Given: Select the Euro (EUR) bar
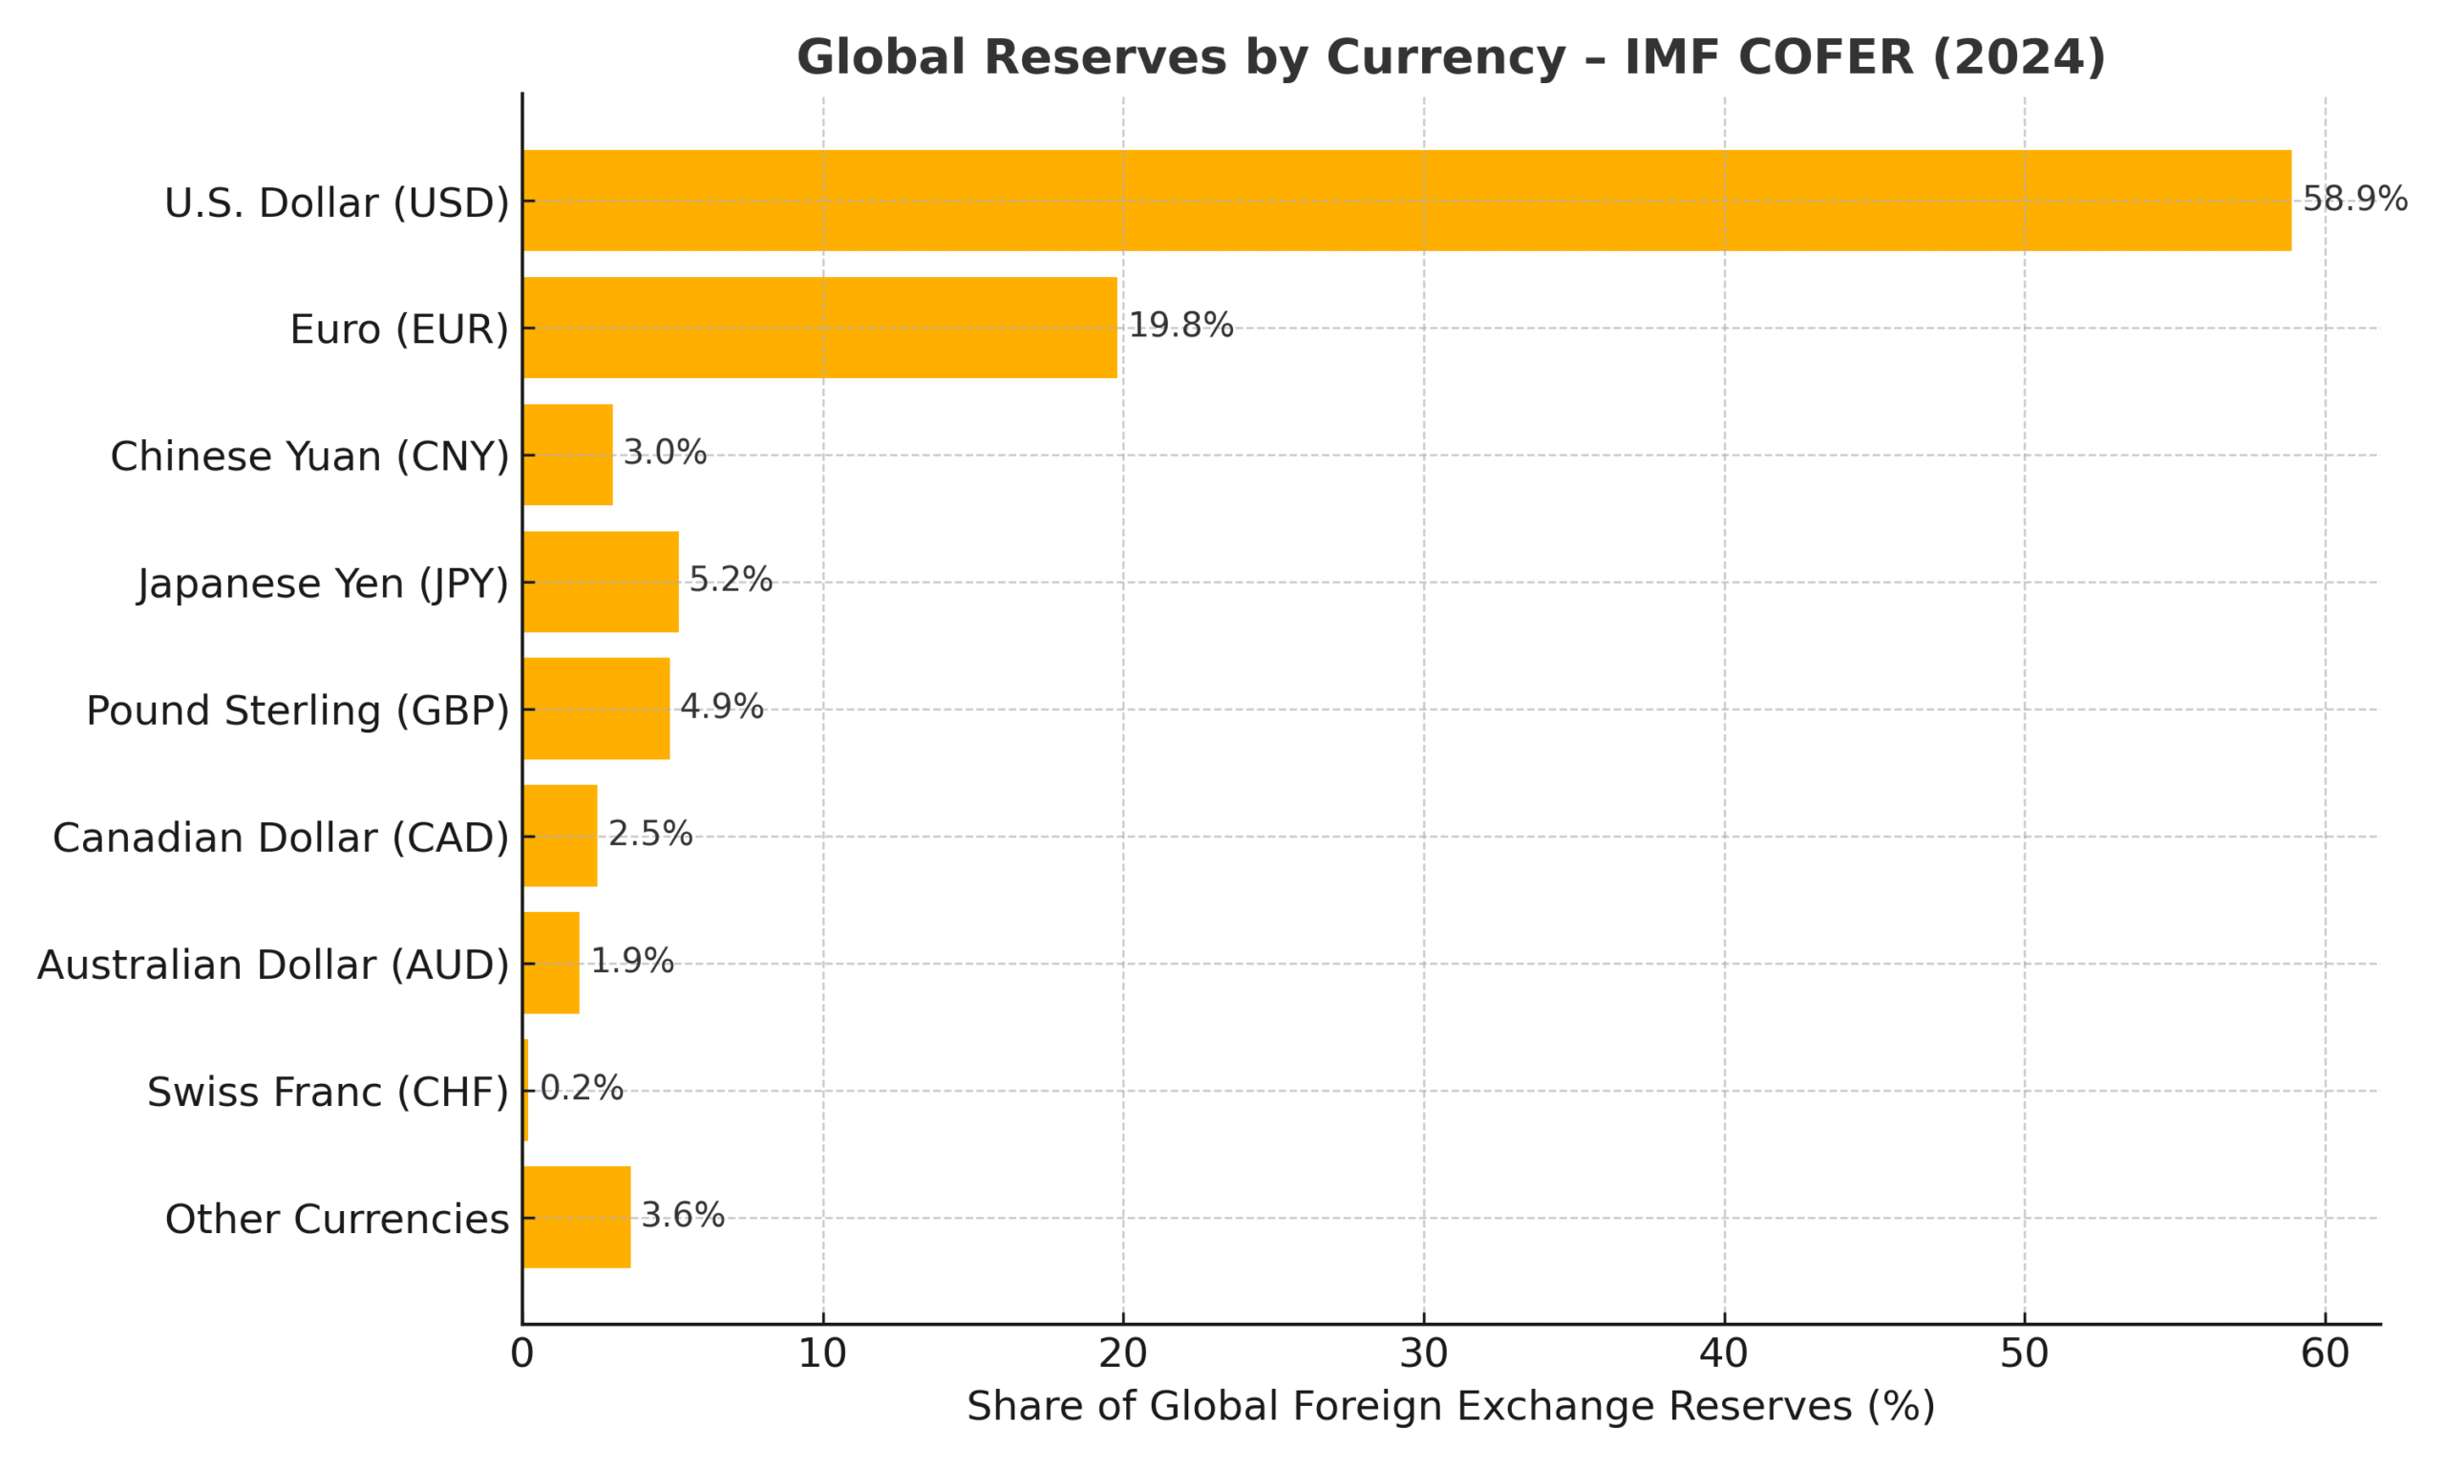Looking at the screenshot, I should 820,328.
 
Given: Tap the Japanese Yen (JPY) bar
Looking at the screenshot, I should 601,582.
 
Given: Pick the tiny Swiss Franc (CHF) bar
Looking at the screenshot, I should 525,1091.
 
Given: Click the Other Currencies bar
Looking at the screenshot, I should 577,1217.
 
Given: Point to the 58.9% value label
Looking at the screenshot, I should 2354,200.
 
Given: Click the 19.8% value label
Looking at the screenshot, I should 1180,327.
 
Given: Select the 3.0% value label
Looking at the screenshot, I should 664,454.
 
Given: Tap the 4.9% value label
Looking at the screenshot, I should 721,708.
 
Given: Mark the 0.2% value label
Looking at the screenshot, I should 581,1090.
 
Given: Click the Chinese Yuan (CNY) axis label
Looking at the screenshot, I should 309,457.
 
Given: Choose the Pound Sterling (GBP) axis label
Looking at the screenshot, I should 297,711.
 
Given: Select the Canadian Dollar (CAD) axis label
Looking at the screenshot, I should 281,839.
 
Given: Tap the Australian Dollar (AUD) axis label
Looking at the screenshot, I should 273,965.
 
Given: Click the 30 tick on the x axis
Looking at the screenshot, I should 1423,1354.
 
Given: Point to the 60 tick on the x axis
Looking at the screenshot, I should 2325,1354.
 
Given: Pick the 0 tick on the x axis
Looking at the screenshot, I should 521,1354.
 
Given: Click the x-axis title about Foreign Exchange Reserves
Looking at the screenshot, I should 1451,1407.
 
